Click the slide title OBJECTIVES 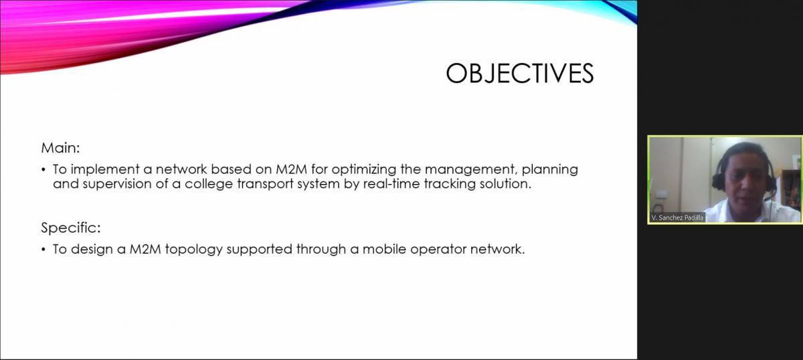520,74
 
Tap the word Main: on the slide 61,148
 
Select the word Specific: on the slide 71,228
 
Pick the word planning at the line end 550,169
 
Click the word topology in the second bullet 194,250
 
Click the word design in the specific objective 92,250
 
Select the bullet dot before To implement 43,170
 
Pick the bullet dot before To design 43,250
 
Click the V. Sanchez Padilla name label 677,217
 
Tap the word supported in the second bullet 260,250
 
